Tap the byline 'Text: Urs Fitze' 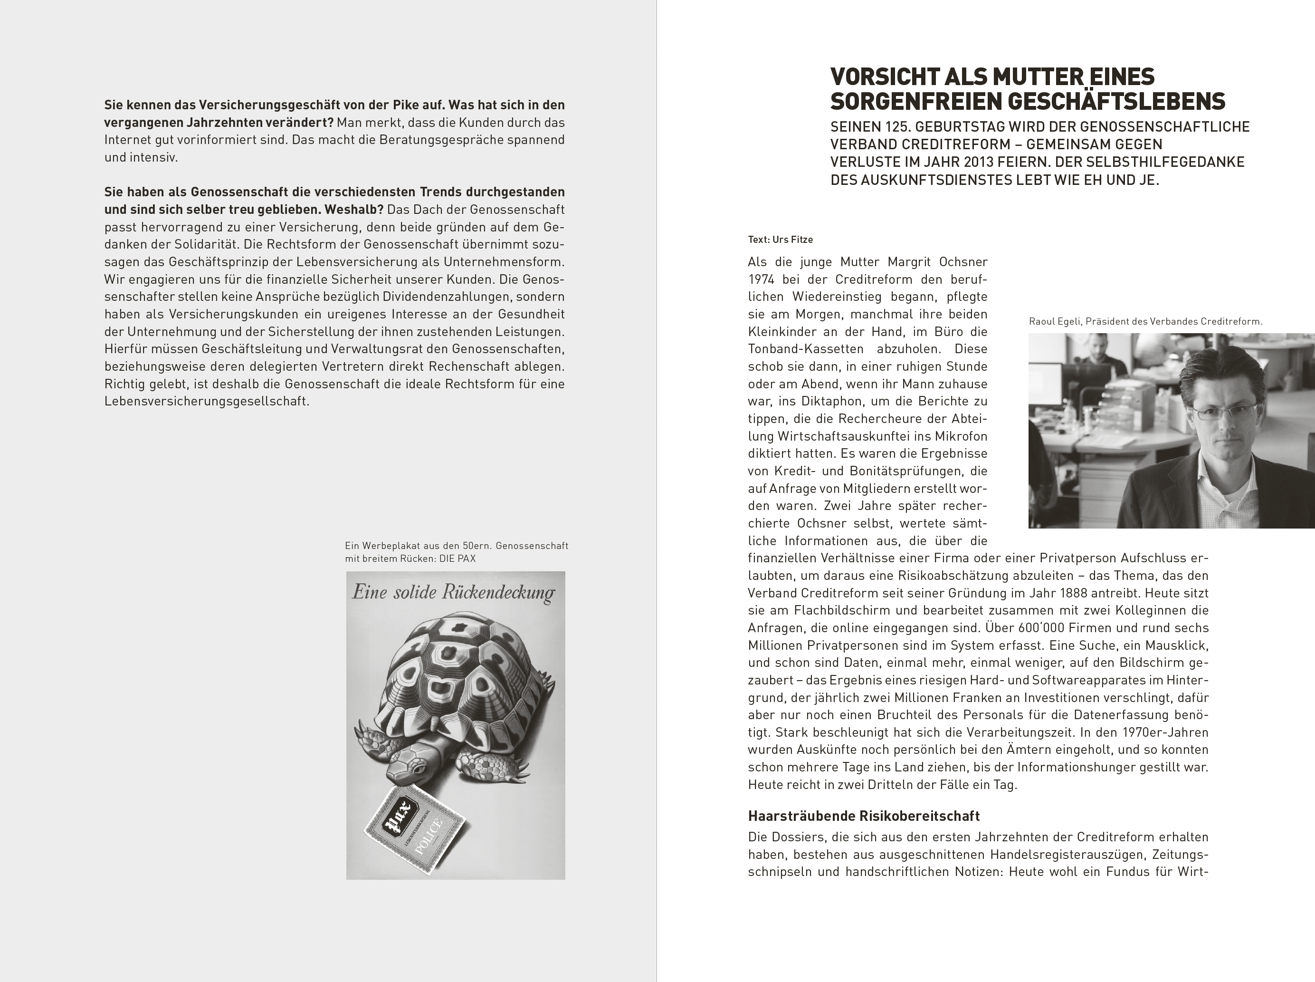(x=780, y=240)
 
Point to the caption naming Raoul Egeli (x=1146, y=322)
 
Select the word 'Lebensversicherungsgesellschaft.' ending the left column (x=207, y=401)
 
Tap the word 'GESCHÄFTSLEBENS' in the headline (x=1119, y=102)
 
